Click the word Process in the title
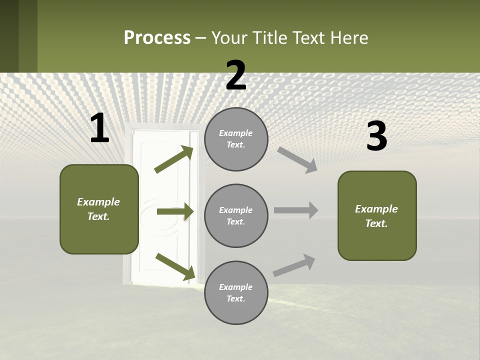[x=157, y=38]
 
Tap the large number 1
[x=99, y=128]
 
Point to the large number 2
[x=236, y=75]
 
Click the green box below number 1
[x=99, y=209]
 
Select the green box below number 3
[x=377, y=215]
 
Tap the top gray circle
[x=236, y=139]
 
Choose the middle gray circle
[x=236, y=215]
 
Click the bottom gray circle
[x=236, y=292]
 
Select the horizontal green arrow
[x=175, y=212]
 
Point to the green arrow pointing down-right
[x=175, y=266]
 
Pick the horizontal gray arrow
[x=296, y=210]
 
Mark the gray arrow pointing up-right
[x=294, y=265]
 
